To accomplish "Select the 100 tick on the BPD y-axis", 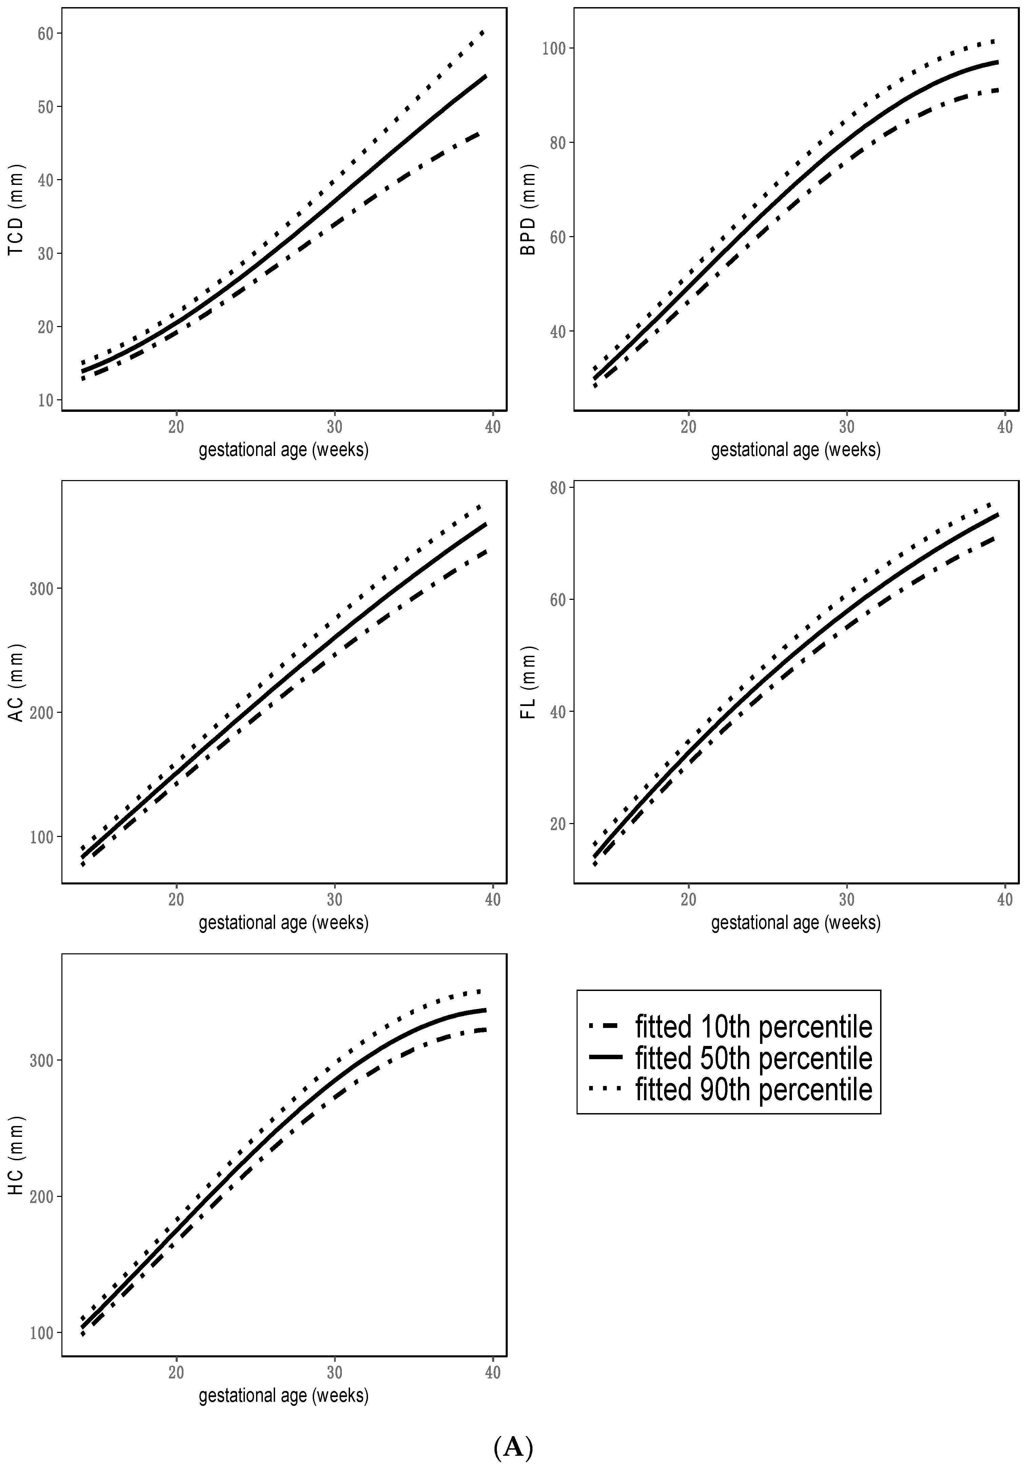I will point(554,49).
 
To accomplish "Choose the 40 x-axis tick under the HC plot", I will point(493,1373).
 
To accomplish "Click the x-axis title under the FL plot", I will point(796,922).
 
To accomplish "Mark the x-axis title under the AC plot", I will point(284,922).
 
